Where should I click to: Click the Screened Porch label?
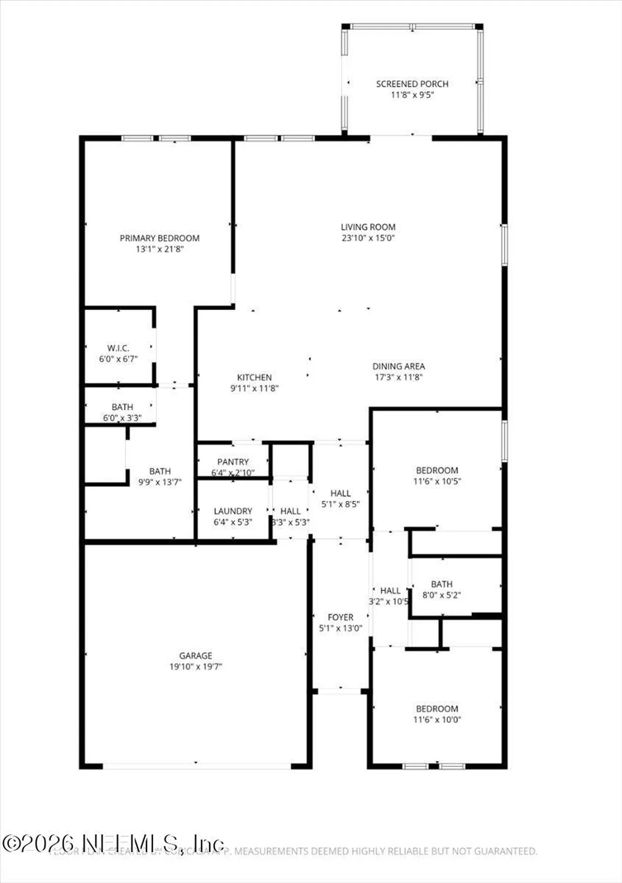(x=412, y=84)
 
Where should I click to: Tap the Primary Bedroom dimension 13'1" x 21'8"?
(x=160, y=249)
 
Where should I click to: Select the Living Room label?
(x=368, y=227)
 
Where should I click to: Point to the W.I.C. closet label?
(x=118, y=348)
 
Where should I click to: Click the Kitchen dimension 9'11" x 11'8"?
(x=254, y=388)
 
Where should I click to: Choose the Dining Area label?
(x=398, y=366)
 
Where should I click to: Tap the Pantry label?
(x=233, y=462)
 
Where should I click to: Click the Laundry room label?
(x=233, y=511)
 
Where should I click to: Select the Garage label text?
(x=196, y=655)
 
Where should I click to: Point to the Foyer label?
(x=340, y=617)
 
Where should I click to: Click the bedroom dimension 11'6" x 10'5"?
(x=437, y=482)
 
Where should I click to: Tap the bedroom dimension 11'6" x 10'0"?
(x=437, y=720)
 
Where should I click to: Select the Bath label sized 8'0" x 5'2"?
(x=442, y=584)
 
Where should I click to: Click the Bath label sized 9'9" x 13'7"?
(x=160, y=471)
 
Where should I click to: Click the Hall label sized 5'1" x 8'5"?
(x=340, y=493)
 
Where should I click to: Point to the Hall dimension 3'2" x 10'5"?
(x=389, y=602)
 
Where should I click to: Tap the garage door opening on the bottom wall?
(x=196, y=766)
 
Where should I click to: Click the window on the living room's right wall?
(x=504, y=245)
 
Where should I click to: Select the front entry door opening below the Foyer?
(x=340, y=691)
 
